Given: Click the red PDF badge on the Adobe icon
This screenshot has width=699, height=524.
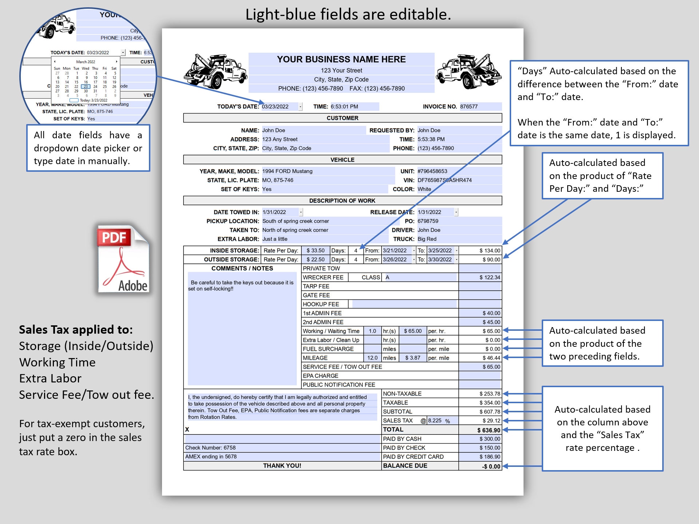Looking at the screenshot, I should pyautogui.click(x=114, y=238).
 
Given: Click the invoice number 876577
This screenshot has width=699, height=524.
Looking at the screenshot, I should pyautogui.click(x=469, y=107).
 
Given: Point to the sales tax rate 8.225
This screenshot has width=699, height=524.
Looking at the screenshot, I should pyautogui.click(x=435, y=421).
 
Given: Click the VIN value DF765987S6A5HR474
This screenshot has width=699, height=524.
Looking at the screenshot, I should pyautogui.click(x=445, y=180).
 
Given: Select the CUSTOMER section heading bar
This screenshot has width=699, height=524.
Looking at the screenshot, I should pyautogui.click(x=342, y=118).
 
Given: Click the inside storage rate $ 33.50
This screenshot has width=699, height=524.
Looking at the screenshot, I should pyautogui.click(x=315, y=250).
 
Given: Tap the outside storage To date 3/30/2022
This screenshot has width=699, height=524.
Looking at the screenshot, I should pyautogui.click(x=439, y=259).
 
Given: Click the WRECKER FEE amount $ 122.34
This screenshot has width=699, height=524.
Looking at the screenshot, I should pyautogui.click(x=489, y=277).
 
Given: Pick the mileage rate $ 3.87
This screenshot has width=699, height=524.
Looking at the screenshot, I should pyautogui.click(x=412, y=358).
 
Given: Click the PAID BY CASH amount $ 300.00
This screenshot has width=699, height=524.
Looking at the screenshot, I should pyautogui.click(x=490, y=439).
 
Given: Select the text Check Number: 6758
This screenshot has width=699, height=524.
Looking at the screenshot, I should pyautogui.click(x=210, y=448).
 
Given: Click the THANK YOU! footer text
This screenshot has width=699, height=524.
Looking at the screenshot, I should pyautogui.click(x=282, y=466).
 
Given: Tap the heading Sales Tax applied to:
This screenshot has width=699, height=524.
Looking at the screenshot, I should pyautogui.click(x=76, y=330).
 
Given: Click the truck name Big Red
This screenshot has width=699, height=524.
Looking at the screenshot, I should pyautogui.click(x=427, y=239).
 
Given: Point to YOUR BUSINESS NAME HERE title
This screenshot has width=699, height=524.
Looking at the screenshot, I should pyautogui.click(x=341, y=59).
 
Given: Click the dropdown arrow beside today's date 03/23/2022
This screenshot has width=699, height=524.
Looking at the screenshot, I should pyautogui.click(x=300, y=107).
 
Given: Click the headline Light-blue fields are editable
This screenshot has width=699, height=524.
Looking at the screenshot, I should pyautogui.click(x=348, y=15).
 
